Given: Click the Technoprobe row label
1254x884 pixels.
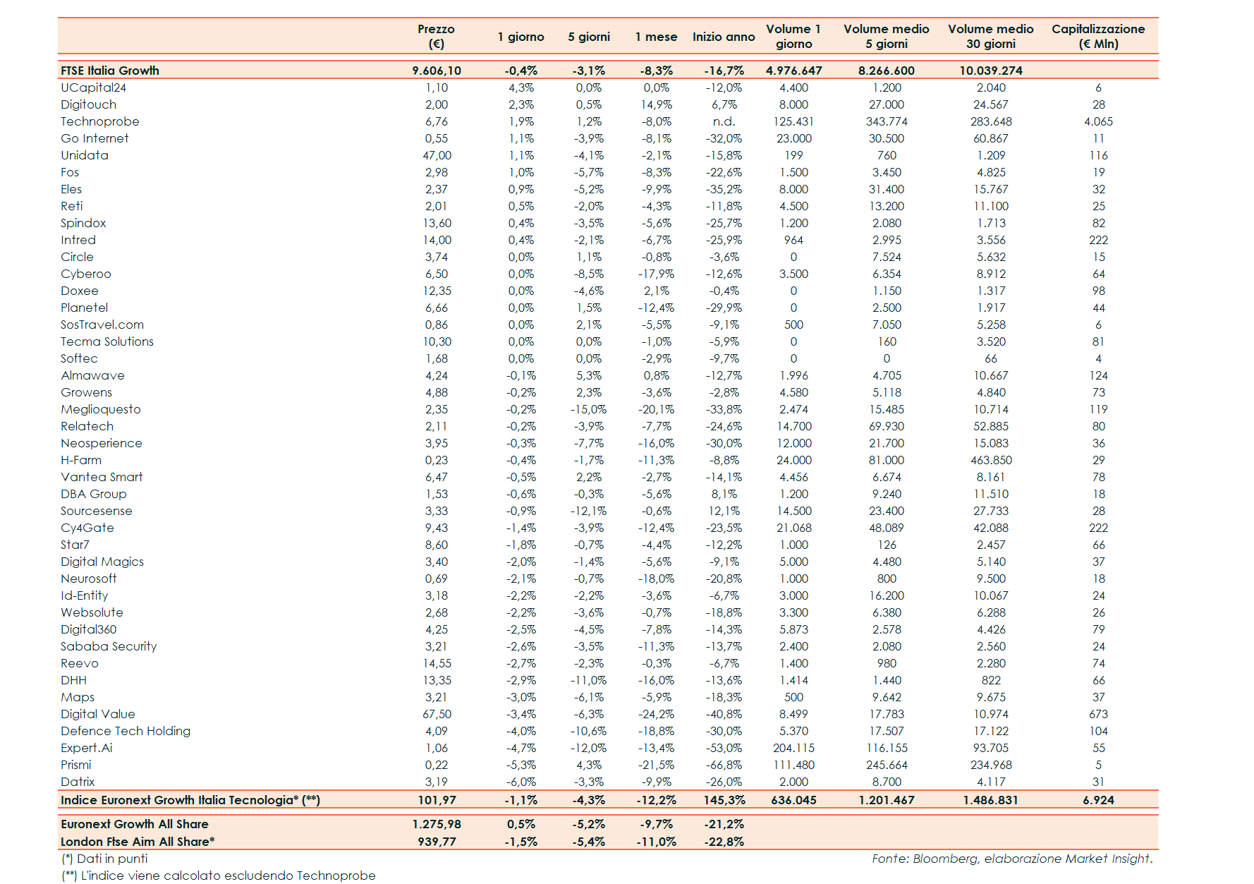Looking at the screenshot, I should [100, 121].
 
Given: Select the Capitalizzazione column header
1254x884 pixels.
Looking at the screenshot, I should [1098, 36].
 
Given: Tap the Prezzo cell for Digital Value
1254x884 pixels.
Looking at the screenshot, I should [437, 714].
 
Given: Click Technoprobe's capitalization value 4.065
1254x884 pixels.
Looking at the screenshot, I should [1098, 121].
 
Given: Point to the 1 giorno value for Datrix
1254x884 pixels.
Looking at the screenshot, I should [521, 782].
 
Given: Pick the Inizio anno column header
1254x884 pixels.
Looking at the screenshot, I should [724, 37].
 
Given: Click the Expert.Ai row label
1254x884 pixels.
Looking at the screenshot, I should [87, 748].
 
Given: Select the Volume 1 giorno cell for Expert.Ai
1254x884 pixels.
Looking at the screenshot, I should [793, 748].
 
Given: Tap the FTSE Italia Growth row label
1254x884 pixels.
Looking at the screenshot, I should [110, 71].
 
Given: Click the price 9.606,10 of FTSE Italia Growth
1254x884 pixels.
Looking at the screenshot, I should [437, 71].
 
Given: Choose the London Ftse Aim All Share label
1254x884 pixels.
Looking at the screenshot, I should [138, 842].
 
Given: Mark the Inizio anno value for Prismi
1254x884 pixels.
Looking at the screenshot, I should [724, 765].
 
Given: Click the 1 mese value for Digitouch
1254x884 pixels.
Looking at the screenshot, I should [656, 104].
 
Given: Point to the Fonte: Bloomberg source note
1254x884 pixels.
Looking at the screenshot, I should [1012, 859].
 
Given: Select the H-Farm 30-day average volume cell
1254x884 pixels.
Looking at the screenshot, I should [991, 460].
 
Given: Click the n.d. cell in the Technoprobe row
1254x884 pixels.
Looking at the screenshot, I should [724, 121].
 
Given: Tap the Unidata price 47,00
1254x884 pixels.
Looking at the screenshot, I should [437, 155].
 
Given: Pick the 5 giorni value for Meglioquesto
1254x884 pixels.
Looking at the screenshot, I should [588, 409].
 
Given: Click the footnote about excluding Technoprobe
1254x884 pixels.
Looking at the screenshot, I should [219, 876].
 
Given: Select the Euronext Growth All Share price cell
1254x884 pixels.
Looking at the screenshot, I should [437, 824].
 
